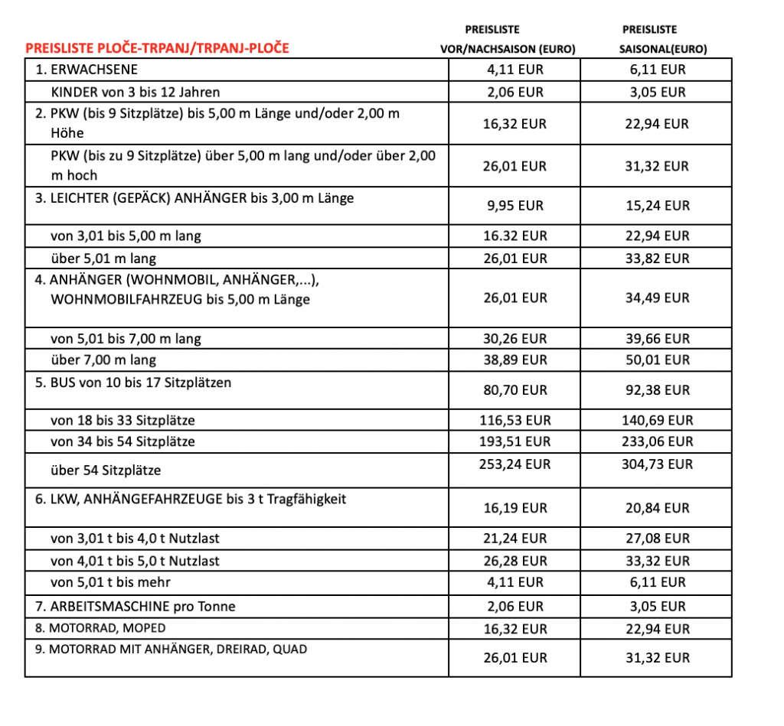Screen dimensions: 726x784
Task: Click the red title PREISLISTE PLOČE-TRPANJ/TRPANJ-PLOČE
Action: click(x=158, y=48)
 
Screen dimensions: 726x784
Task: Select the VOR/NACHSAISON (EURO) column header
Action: click(x=508, y=49)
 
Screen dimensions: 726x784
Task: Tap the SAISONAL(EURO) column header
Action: click(x=662, y=49)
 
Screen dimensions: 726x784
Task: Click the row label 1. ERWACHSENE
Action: click(x=87, y=70)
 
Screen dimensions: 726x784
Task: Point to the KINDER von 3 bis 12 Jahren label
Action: click(x=136, y=92)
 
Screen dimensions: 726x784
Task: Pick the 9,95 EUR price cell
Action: click(x=514, y=206)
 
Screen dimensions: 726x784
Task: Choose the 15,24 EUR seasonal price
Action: click(x=657, y=206)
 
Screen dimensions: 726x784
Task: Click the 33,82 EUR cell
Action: click(x=657, y=259)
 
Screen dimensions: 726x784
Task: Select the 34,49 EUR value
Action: click(x=657, y=298)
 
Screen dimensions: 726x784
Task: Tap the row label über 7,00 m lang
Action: click(x=103, y=360)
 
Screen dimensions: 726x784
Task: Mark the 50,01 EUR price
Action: click(x=657, y=360)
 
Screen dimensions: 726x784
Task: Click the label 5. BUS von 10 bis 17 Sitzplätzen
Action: click(x=133, y=382)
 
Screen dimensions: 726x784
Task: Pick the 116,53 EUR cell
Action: click(x=514, y=420)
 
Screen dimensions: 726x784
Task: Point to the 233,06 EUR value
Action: click(x=657, y=441)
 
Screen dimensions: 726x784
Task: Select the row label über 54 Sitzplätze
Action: click(x=106, y=470)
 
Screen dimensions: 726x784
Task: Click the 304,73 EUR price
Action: click(x=657, y=464)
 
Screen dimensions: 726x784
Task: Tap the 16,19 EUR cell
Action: click(x=514, y=508)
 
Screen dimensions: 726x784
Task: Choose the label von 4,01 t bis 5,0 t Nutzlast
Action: click(x=135, y=561)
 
